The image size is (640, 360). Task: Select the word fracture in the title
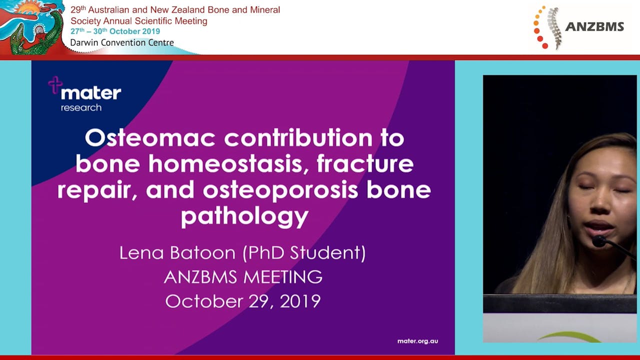[x=365, y=164]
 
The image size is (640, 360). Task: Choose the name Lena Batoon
[x=177, y=252]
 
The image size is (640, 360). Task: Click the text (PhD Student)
[x=304, y=253]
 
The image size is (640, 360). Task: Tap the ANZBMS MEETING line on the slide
[x=243, y=277]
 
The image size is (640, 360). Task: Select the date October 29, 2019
[x=243, y=301]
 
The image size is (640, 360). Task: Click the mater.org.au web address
[x=417, y=341]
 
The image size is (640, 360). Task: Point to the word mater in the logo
[x=90, y=93]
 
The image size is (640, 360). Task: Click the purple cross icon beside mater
[x=54, y=84]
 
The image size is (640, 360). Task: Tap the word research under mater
[x=81, y=107]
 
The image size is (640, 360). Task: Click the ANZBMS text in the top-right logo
[x=594, y=27]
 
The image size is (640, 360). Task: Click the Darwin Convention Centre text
[x=122, y=42]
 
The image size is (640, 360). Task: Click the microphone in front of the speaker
[x=599, y=241]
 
